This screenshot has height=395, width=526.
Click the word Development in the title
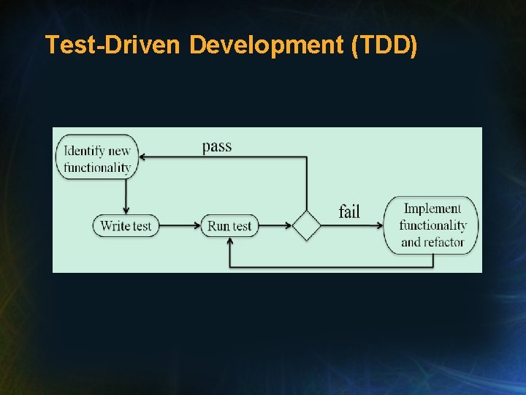coord(267,45)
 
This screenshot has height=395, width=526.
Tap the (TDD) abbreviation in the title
coord(384,45)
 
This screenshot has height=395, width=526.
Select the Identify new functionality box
coord(97,159)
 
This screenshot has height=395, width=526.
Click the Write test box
coord(126,226)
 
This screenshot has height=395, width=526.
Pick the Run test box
coord(229,226)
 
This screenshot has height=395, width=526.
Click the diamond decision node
coord(307,226)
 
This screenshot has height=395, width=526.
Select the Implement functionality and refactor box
coord(432,225)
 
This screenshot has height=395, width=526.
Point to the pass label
coord(217,146)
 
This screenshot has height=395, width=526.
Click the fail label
coord(349,211)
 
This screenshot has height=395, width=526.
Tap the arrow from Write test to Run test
coord(179,226)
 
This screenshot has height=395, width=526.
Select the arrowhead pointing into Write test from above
coord(126,211)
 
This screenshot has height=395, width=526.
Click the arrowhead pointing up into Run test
coord(230,241)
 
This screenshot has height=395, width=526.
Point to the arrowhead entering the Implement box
coord(380,226)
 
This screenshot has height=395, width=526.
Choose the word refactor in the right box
coord(443,242)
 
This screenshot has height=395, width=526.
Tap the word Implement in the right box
coord(432,208)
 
